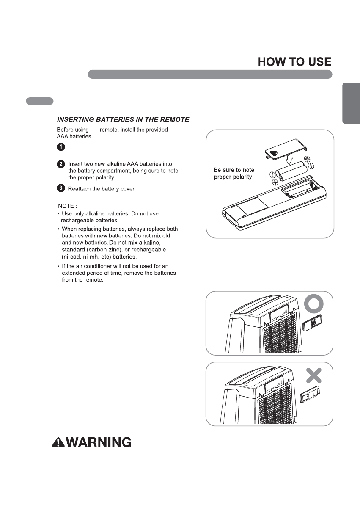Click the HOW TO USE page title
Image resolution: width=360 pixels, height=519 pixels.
click(x=294, y=62)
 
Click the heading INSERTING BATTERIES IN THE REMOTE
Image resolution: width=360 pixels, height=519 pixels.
click(x=123, y=119)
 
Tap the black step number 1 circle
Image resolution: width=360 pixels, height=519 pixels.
click(x=61, y=146)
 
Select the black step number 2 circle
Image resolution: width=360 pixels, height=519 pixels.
click(x=61, y=164)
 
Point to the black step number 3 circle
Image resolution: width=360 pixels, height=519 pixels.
click(x=61, y=188)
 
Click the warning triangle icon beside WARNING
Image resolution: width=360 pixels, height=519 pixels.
click(x=58, y=442)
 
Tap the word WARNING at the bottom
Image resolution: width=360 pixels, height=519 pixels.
click(x=99, y=442)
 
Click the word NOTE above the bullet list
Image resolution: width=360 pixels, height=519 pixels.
click(x=66, y=206)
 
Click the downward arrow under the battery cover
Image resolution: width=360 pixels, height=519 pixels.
click(x=289, y=159)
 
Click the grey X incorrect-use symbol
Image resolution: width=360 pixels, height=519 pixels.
click(x=314, y=375)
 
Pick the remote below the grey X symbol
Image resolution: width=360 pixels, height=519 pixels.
click(x=311, y=395)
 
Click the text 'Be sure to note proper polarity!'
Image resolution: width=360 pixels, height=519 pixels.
click(x=234, y=173)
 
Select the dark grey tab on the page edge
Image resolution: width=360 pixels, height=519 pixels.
click(x=351, y=103)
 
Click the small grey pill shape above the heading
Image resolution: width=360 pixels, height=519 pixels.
click(x=40, y=101)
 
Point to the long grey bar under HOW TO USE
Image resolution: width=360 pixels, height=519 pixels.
click(x=210, y=74)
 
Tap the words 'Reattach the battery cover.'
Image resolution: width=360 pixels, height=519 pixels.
click(x=102, y=189)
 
